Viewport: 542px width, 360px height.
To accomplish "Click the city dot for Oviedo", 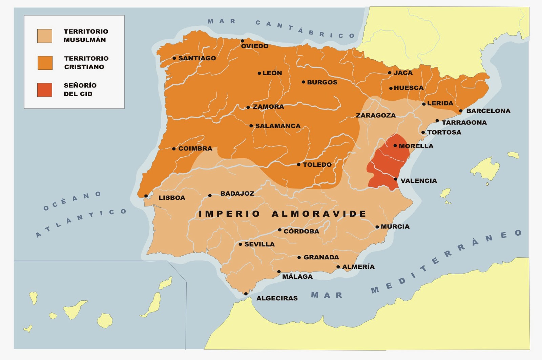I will [243, 41].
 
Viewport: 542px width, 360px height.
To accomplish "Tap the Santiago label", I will [197, 58].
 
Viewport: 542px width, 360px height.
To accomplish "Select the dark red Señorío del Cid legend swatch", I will [45, 90].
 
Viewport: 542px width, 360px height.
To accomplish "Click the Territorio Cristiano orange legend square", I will [45, 63].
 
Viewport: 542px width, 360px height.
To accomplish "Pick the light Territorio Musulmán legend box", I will [45, 36].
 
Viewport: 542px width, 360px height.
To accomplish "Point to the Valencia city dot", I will [395, 179].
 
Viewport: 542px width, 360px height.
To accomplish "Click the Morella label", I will [416, 146].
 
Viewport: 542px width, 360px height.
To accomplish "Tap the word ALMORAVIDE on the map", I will [319, 214].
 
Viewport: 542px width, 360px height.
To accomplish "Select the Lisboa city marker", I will [146, 196].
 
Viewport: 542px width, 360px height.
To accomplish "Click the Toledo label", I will [317, 165].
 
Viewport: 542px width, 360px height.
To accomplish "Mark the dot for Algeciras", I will [246, 294].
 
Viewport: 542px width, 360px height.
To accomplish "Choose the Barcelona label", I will [488, 111].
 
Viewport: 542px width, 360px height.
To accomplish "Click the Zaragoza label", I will [376, 115].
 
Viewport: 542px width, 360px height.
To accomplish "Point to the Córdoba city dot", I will [280, 230].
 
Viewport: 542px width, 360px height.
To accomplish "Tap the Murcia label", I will [395, 226].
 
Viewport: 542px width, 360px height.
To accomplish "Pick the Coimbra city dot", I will [174, 149].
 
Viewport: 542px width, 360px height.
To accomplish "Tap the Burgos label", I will [322, 82].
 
